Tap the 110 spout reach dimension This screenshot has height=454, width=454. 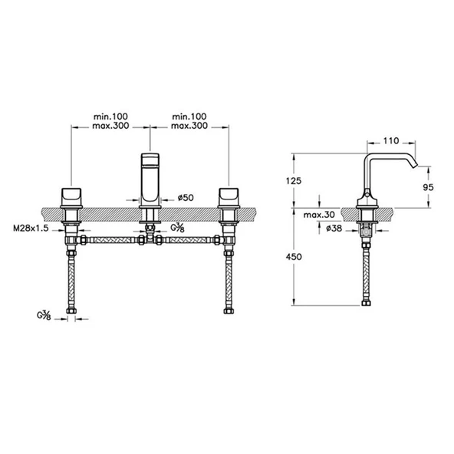tap(390, 142)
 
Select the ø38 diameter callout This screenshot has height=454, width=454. tap(334, 228)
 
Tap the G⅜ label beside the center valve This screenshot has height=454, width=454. tap(178, 228)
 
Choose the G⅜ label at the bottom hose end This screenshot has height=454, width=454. tap(44, 314)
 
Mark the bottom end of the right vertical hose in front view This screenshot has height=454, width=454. tap(229, 311)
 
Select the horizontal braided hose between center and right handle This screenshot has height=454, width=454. tap(192, 241)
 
